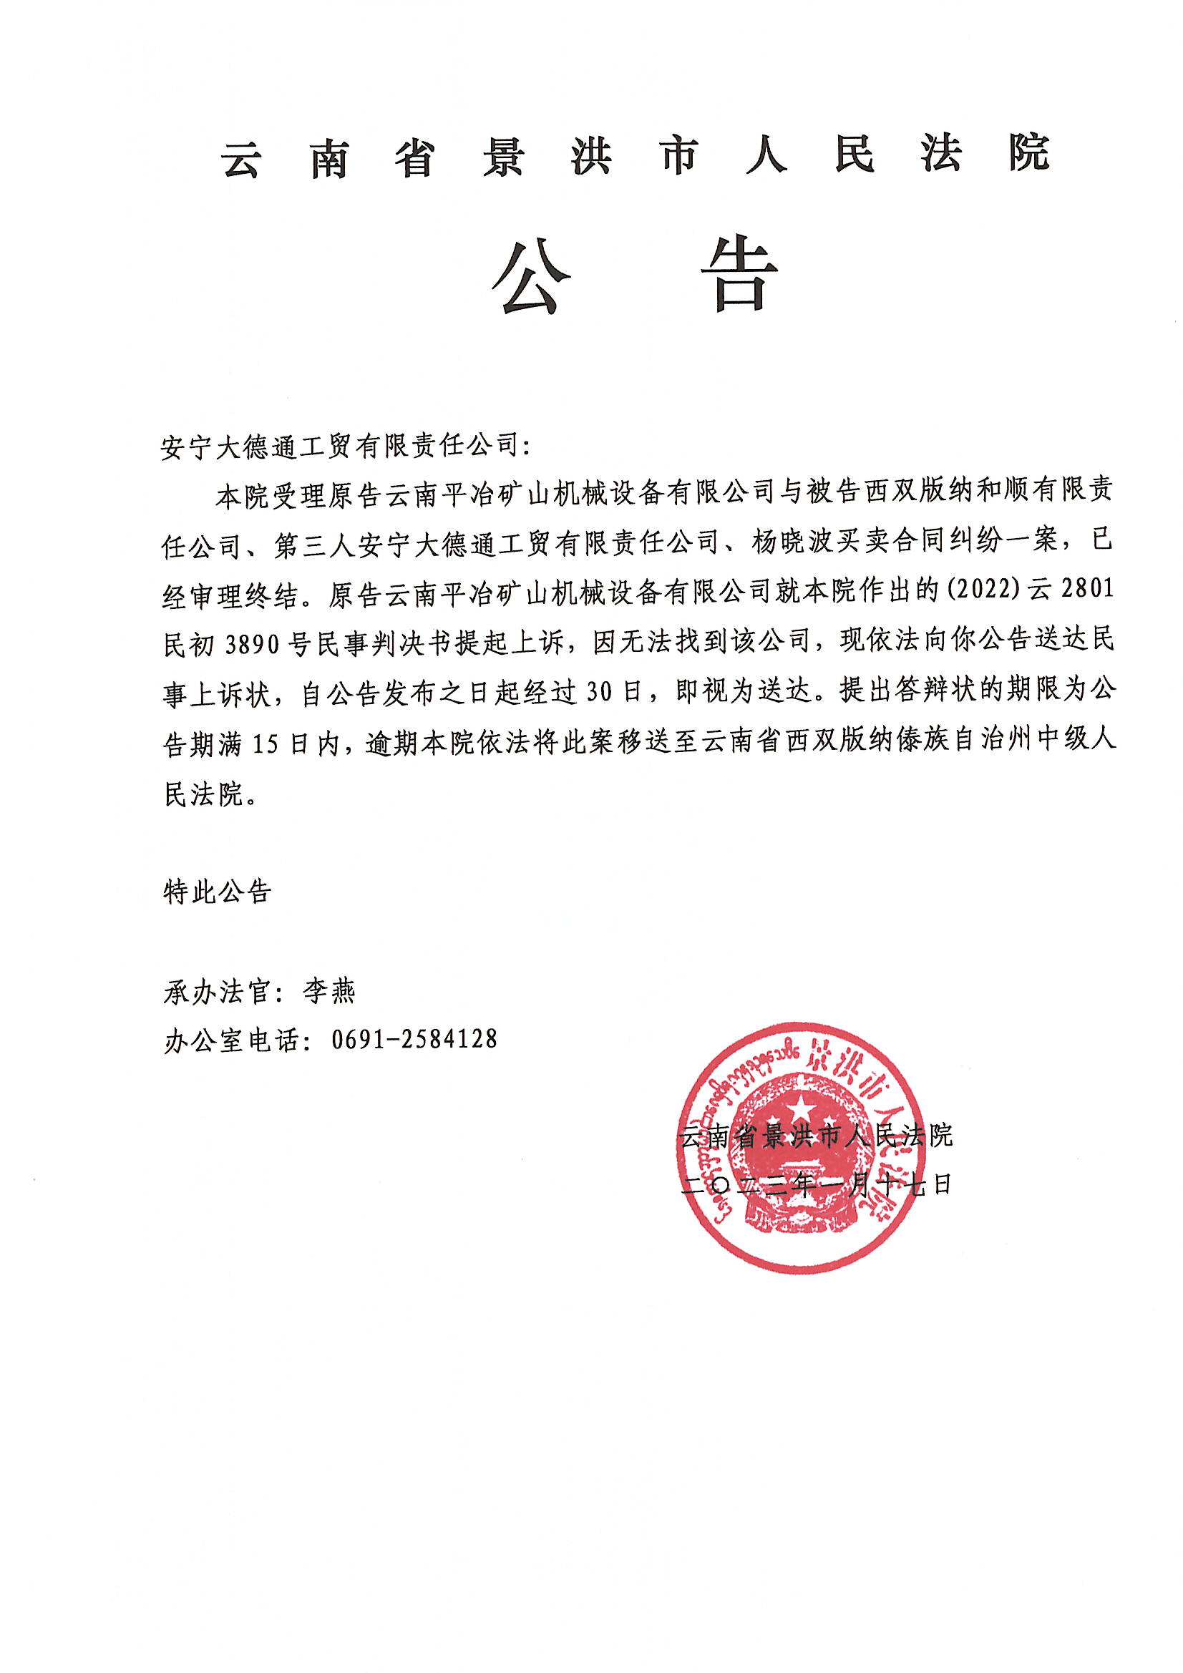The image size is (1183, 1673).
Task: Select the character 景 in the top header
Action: [x=503, y=156]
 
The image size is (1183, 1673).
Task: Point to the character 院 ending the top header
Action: [x=1028, y=154]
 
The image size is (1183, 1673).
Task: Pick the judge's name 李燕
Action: [x=329, y=992]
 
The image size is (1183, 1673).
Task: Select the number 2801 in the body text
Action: [x=1088, y=589]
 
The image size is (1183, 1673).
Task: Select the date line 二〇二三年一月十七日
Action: [x=817, y=1186]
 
